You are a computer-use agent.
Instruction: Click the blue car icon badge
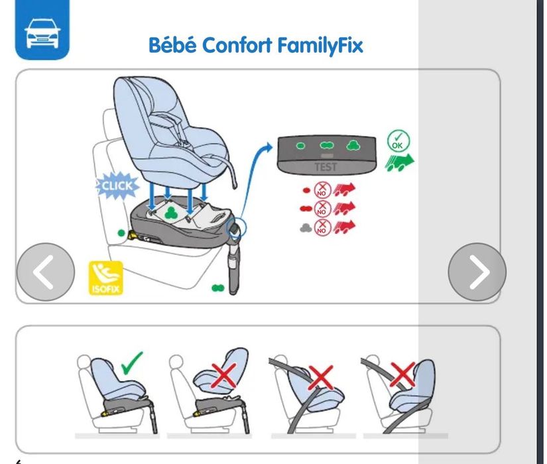click(42, 29)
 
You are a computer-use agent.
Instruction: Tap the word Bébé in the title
click(172, 45)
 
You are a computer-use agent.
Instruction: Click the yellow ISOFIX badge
click(105, 278)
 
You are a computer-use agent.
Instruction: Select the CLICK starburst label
click(117, 186)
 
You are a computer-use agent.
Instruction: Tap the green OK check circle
click(398, 141)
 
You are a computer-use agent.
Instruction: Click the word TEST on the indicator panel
click(326, 167)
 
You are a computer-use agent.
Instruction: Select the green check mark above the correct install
click(132, 363)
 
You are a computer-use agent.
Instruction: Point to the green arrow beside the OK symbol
click(399, 162)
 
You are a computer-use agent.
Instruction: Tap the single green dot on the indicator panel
click(300, 146)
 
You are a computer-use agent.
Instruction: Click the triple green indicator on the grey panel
click(353, 145)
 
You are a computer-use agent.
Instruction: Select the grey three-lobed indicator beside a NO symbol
click(306, 228)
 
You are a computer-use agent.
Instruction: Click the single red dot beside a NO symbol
click(306, 190)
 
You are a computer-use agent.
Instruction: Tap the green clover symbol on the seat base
click(170, 213)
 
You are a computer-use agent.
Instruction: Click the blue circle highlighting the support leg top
click(237, 228)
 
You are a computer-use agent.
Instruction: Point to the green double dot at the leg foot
click(218, 288)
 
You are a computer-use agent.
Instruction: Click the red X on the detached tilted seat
click(223, 376)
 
